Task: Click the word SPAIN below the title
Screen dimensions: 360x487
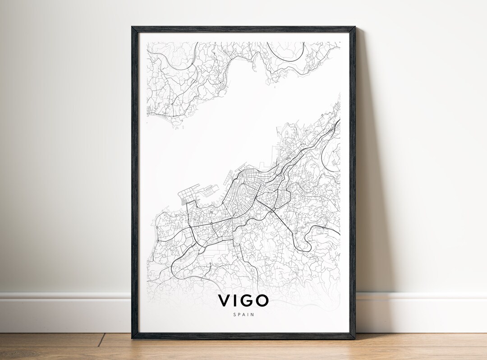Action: [x=243, y=314]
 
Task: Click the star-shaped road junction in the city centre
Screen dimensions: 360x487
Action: [x=233, y=219]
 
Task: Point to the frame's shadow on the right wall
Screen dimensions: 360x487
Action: [x=368, y=180]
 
